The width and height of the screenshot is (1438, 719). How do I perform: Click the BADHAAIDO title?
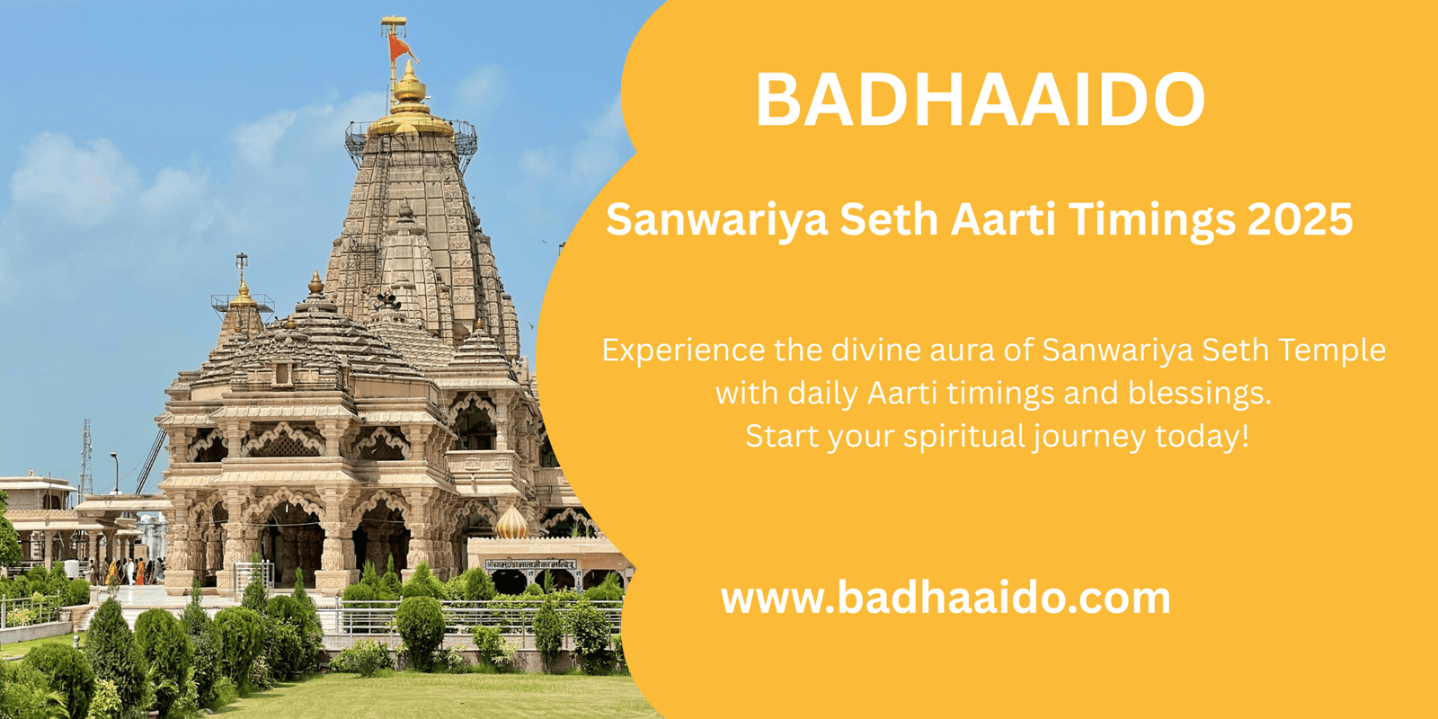pyautogui.click(x=980, y=100)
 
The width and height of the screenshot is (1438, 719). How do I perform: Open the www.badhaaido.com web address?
pyautogui.click(x=945, y=598)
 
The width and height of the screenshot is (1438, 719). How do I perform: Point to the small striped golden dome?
pyautogui.click(x=511, y=522)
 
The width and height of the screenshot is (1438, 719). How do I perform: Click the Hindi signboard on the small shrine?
pyautogui.click(x=530, y=564)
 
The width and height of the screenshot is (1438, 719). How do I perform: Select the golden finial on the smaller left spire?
pyautogui.click(x=243, y=288)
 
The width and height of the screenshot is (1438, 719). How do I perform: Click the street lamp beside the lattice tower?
pyautogui.click(x=115, y=473)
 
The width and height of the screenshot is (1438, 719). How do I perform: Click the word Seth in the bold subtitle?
pyautogui.click(x=890, y=219)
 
